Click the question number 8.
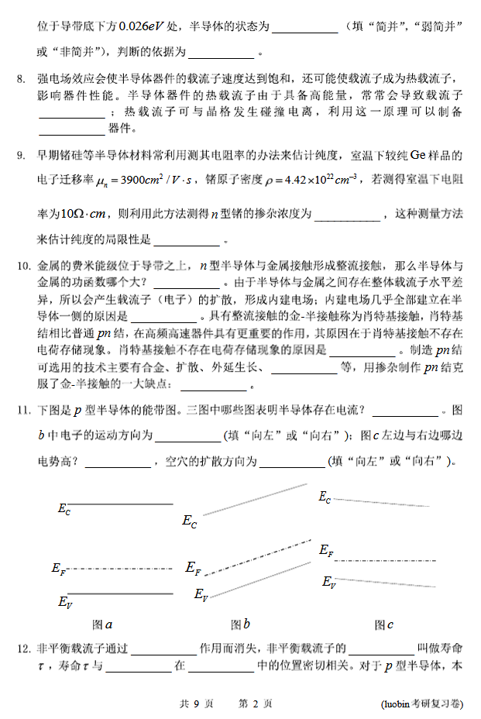[20, 79]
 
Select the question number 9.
[20, 155]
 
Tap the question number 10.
[22, 267]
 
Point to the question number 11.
[22, 409]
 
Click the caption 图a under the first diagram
[103, 624]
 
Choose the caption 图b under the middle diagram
[240, 624]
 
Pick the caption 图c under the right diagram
[384, 624]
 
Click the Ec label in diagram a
[64, 509]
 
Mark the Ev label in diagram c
[328, 582]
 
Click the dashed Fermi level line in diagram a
[120, 568]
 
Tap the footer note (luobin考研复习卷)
[421, 704]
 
